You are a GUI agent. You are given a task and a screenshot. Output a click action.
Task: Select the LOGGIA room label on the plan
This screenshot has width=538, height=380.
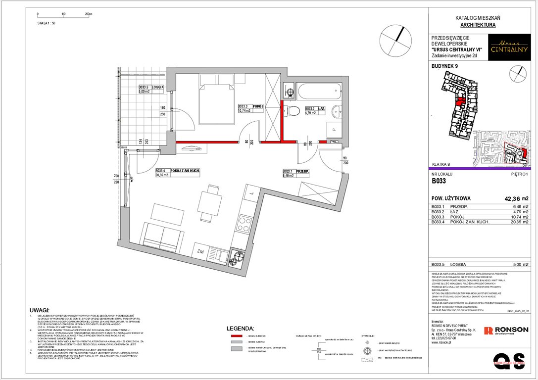point(157,87)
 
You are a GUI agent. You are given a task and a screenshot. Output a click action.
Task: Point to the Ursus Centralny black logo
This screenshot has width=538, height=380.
point(509,48)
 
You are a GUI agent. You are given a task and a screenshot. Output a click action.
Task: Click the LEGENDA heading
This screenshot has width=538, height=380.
point(240,328)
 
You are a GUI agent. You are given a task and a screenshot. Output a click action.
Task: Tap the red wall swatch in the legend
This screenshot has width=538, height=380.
point(237,336)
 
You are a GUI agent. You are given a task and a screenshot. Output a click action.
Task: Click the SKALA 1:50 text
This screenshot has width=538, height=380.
point(47,23)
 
